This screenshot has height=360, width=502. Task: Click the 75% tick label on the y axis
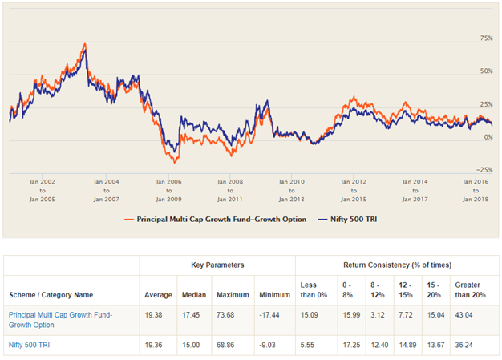tap(485, 38)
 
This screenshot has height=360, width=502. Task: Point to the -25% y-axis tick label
tap(484, 169)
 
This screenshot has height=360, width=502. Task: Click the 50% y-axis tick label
tap(485, 71)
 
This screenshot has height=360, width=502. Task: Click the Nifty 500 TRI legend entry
tap(352, 219)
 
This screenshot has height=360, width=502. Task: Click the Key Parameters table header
tap(217, 264)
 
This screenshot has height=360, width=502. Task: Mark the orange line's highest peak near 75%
tap(84, 43)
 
